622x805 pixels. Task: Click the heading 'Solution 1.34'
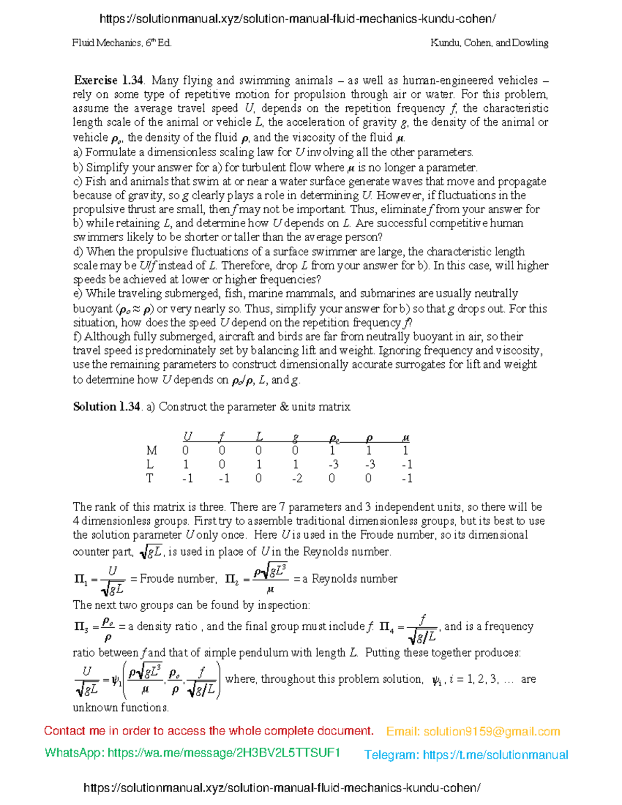[x=106, y=406]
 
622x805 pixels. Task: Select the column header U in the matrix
[x=188, y=437]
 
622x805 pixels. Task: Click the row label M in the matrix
[x=151, y=450]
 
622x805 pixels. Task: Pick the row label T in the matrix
[x=150, y=478]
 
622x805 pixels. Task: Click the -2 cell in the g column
[x=296, y=478]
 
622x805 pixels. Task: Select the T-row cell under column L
[x=259, y=478]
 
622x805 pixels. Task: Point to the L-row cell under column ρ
[x=369, y=464]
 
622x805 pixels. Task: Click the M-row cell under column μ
[x=406, y=450]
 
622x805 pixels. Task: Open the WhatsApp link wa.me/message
[x=223, y=753]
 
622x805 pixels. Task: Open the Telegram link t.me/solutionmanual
[x=496, y=755]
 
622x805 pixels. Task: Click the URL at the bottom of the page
[x=282, y=788]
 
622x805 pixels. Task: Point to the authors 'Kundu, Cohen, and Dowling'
[x=489, y=43]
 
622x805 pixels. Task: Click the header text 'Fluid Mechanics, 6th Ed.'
[x=122, y=43]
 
